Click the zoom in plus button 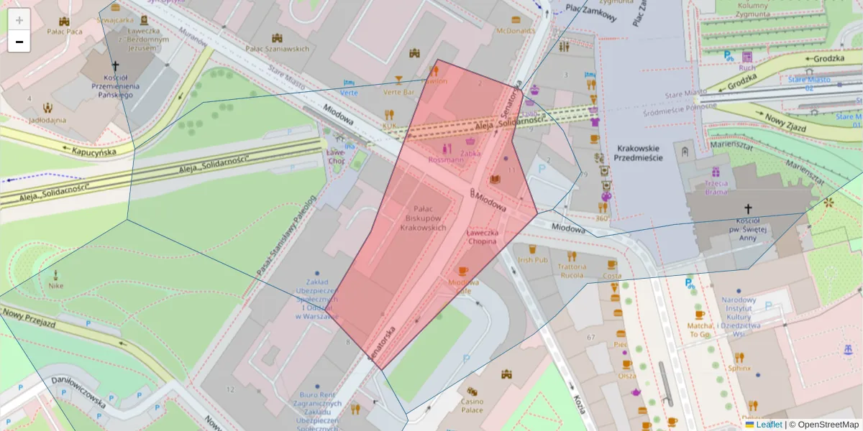(19, 20)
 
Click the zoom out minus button (19, 42)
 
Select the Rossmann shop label (446, 159)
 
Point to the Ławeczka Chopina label (481, 236)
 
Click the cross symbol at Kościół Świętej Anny (748, 206)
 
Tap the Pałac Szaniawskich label (277, 48)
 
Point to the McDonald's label (516, 31)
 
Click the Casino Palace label (472, 406)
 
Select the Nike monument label (56, 285)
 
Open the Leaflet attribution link (768, 425)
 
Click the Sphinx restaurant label (739, 368)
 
